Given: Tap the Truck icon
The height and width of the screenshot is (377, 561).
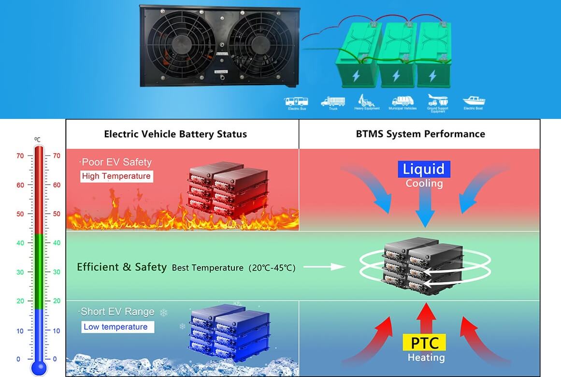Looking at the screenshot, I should pyautogui.click(x=333, y=101).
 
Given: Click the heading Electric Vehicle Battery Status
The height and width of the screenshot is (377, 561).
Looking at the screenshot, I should pyautogui.click(x=175, y=134).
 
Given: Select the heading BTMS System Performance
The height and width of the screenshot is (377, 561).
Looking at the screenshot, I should pyautogui.click(x=420, y=134).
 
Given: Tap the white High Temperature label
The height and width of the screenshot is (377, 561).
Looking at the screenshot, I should pyautogui.click(x=116, y=176).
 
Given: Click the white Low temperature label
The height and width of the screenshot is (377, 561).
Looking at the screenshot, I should pyautogui.click(x=116, y=327).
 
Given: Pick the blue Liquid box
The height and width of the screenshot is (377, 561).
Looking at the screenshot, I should pyautogui.click(x=424, y=169).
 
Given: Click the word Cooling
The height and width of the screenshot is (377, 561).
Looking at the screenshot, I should pyautogui.click(x=424, y=184).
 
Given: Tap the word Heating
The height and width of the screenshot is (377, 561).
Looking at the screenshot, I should pyautogui.click(x=426, y=358).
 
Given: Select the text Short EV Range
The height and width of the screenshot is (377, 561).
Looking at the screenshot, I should pyautogui.click(x=117, y=312).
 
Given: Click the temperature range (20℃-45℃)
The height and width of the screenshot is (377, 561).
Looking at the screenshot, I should pyautogui.click(x=272, y=267).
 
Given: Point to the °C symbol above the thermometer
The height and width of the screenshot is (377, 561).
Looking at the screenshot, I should pyautogui.click(x=37, y=139).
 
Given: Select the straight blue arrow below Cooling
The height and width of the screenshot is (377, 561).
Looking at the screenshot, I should pyautogui.click(x=425, y=208).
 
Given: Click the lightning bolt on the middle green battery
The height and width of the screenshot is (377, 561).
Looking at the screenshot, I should pyautogui.click(x=396, y=76).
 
